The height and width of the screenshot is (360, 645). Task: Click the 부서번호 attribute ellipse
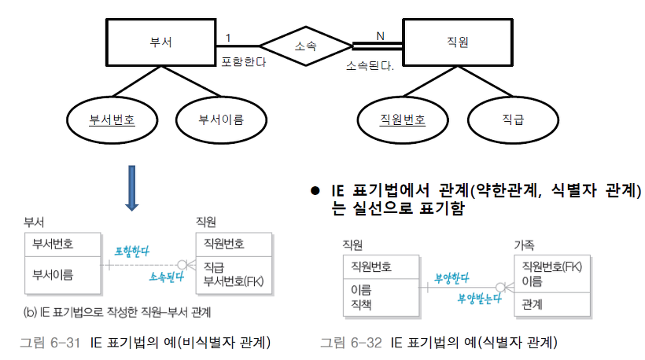click(112, 120)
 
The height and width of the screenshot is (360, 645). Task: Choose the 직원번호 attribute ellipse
click(402, 120)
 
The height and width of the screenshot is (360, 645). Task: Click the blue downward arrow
click(131, 189)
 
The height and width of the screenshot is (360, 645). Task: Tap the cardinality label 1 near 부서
click(228, 37)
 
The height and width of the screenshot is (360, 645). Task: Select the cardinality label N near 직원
click(380, 35)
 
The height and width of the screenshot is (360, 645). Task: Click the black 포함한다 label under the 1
click(244, 61)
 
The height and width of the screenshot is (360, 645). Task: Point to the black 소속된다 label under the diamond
click(370, 64)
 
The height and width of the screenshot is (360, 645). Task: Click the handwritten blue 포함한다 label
click(131, 251)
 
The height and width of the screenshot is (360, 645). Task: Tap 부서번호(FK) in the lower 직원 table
click(234, 280)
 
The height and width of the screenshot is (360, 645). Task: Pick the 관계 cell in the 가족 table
click(533, 303)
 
